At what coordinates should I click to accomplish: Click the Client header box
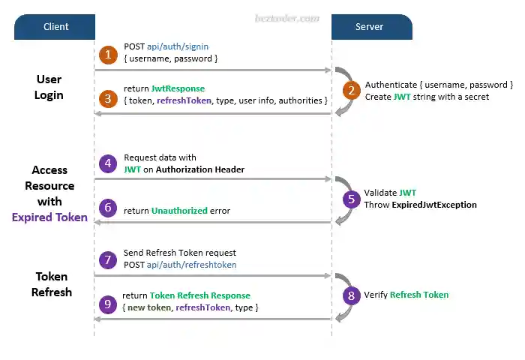point(55,27)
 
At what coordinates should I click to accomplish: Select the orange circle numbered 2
point(351,91)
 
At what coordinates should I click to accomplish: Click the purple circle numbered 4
point(109,163)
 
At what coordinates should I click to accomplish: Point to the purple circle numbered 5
point(351,199)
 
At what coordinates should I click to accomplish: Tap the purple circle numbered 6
point(109,207)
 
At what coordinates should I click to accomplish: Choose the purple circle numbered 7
point(109,259)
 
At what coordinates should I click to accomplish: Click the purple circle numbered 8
point(351,295)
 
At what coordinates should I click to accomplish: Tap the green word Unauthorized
point(179,211)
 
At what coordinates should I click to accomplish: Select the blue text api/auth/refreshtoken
point(192,265)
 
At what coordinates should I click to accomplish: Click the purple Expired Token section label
point(49,217)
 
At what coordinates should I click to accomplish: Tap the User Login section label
point(49,87)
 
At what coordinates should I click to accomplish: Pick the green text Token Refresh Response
point(200,295)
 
